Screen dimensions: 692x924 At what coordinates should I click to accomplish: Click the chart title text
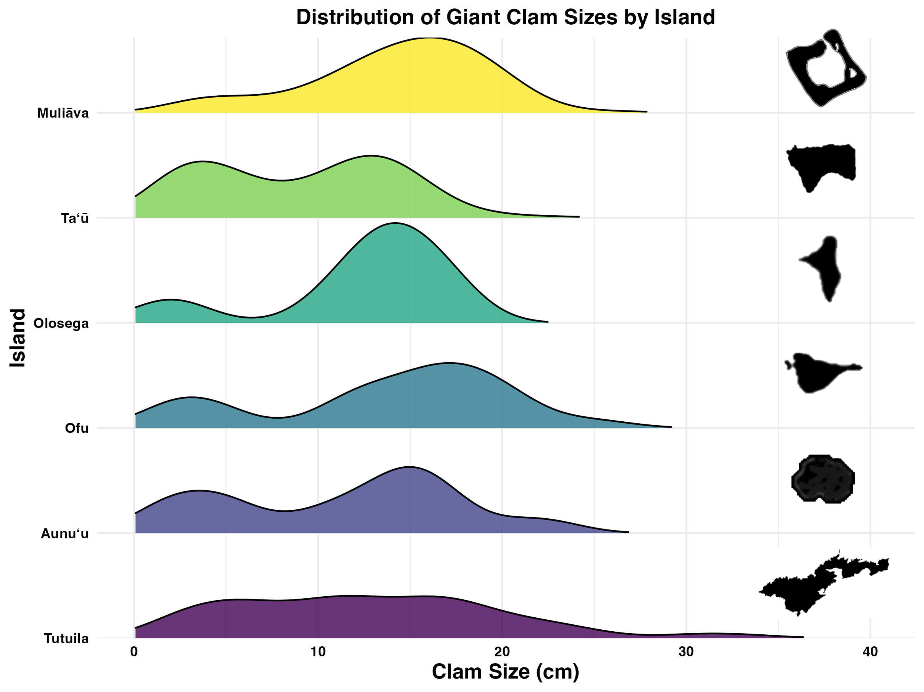pyautogui.click(x=505, y=18)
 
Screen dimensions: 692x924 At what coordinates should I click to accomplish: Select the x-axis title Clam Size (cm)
pyautogui.click(x=505, y=672)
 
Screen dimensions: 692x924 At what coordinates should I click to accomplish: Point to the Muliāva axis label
pyautogui.click(x=63, y=113)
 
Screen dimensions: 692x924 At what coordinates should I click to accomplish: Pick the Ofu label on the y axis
pyautogui.click(x=77, y=428)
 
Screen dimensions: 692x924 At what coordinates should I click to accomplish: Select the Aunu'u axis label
pyautogui.click(x=65, y=534)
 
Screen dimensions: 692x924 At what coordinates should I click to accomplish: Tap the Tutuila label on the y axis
pyautogui.click(x=66, y=639)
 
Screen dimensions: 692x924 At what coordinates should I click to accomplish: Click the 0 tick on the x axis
pyautogui.click(x=134, y=652)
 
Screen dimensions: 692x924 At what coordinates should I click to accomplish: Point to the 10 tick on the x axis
pyautogui.click(x=318, y=652)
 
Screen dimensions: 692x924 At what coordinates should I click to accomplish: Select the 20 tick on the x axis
pyautogui.click(x=502, y=652)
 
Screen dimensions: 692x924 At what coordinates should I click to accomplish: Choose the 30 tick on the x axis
pyautogui.click(x=686, y=652)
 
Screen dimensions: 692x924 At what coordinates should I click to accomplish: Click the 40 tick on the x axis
pyautogui.click(x=870, y=652)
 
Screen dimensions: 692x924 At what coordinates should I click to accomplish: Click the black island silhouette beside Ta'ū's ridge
pyautogui.click(x=819, y=163)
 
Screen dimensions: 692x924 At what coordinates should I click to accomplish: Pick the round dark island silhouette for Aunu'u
pyautogui.click(x=823, y=478)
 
